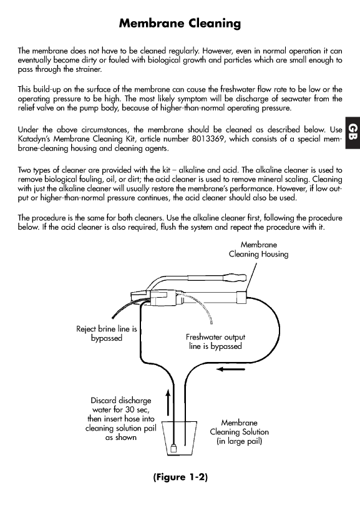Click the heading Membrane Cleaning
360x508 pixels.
[180, 24]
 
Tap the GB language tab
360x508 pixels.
[353, 132]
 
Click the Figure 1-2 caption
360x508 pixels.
[180, 477]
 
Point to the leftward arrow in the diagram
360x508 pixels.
[231, 369]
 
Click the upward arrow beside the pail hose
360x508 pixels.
[168, 402]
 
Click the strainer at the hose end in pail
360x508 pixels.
[173, 448]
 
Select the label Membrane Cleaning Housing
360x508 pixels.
[258, 250]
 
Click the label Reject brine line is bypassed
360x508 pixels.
[107, 333]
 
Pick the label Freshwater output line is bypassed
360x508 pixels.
[215, 342]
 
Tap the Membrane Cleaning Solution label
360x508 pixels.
[239, 432]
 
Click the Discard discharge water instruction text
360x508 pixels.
[121, 419]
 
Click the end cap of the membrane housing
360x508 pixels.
[241, 297]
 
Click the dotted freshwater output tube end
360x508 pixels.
[212, 322]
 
